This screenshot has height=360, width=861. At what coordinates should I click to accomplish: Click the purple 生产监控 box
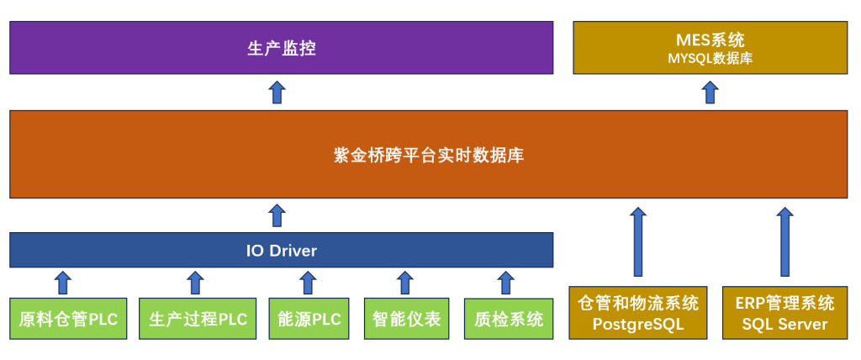point(281,48)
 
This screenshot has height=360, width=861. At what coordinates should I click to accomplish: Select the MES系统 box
point(710,48)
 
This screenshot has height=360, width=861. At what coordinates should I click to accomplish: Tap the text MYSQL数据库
point(710,58)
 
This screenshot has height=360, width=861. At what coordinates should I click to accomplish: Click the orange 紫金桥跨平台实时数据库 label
point(429,156)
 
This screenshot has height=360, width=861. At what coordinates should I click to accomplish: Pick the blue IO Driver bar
point(281,250)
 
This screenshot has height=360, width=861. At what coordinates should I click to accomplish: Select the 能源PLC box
point(309,319)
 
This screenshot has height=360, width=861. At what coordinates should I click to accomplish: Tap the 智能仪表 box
point(406,319)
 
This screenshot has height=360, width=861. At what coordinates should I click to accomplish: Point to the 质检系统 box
point(509,319)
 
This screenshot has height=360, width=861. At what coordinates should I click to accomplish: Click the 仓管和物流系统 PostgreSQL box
point(638,312)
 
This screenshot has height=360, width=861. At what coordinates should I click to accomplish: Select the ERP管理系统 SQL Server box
point(784,312)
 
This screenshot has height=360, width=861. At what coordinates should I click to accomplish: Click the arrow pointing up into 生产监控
point(277,92)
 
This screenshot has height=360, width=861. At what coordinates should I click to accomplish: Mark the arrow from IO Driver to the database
point(277,214)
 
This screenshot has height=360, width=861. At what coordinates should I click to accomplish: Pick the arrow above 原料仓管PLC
point(64,283)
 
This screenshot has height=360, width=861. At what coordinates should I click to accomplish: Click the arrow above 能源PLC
point(308,283)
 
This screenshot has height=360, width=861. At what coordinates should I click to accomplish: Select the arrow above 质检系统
point(505,283)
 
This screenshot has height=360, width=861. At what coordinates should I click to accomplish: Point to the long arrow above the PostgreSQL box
point(637,241)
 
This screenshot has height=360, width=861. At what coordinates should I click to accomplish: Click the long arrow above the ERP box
point(784,241)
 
